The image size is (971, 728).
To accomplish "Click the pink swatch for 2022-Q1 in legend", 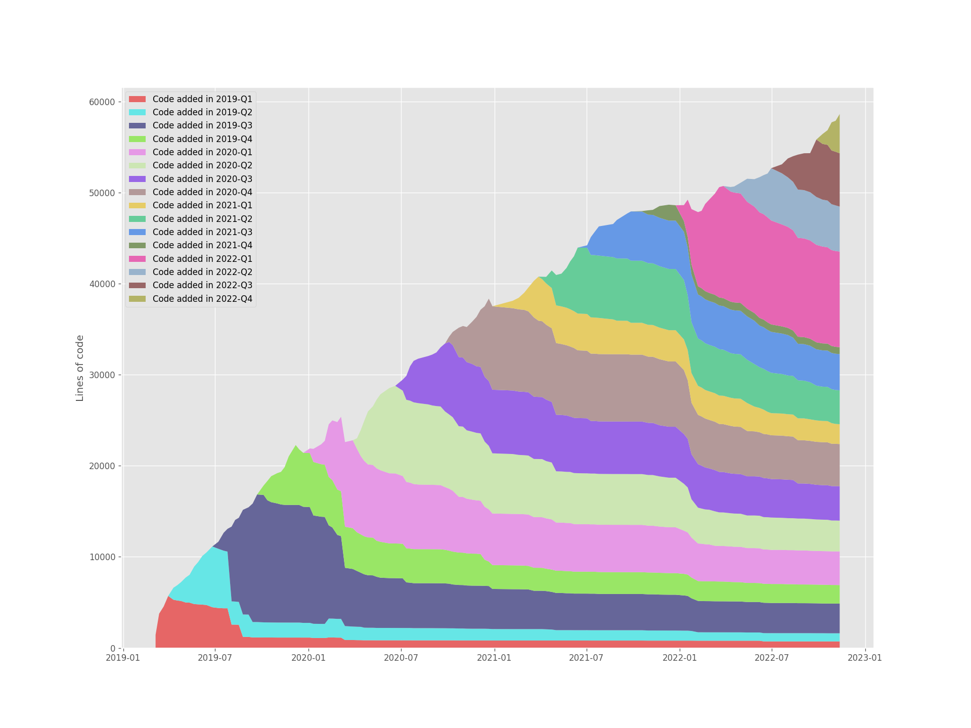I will coord(137,259).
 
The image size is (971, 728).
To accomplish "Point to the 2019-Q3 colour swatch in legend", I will coord(137,125).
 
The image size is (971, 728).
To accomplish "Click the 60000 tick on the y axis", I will coord(103,102).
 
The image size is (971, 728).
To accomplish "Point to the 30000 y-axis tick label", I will coord(103,375).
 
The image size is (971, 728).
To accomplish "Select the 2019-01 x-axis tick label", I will coord(123,658).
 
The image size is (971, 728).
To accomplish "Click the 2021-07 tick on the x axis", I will coord(587,658).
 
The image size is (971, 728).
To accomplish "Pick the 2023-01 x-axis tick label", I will coord(865,658).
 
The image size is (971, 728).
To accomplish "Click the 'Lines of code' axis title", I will coord(80,368).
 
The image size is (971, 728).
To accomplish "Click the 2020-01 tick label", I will coord(308,658).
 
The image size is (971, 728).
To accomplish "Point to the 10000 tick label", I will coord(103,557).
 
